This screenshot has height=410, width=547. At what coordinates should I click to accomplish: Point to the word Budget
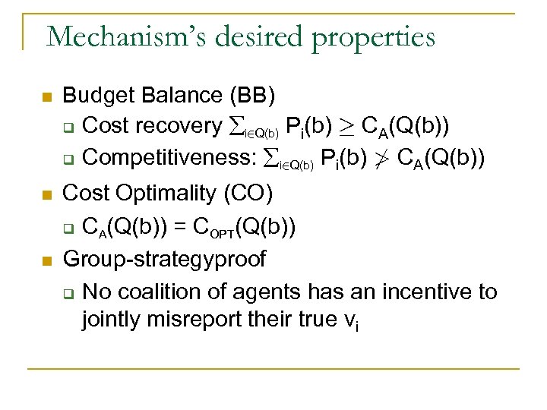point(94,96)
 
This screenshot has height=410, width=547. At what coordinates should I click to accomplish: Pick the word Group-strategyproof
point(164,259)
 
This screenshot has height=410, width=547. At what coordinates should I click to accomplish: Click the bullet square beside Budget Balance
point(46,98)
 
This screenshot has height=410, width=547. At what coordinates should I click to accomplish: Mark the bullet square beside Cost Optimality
point(46,196)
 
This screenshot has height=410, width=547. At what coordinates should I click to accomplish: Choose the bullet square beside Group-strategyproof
point(46,260)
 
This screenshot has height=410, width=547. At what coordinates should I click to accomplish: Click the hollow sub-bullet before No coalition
point(67,293)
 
